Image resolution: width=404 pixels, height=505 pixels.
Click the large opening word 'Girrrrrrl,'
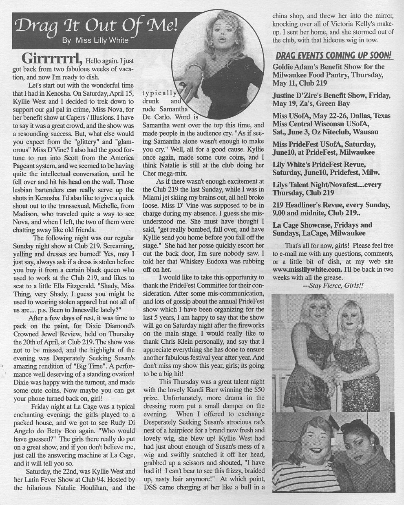[48, 59]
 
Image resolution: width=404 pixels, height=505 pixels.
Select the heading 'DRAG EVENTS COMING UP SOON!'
[333, 55]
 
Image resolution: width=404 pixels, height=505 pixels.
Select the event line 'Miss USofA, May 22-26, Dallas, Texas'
[331, 116]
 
